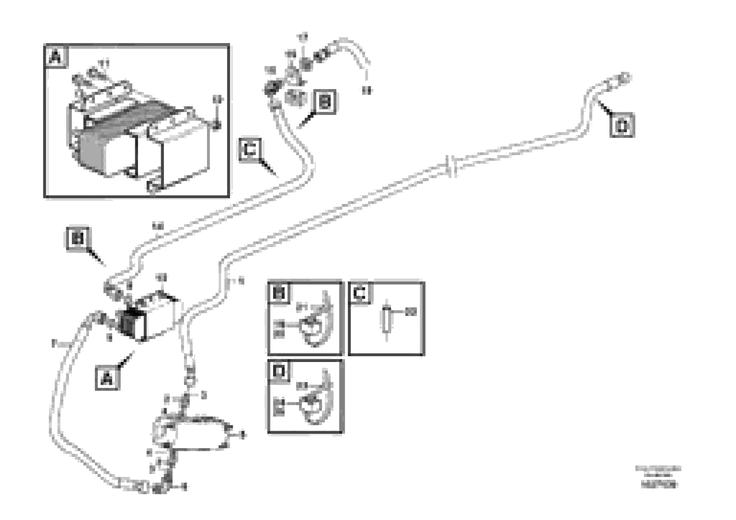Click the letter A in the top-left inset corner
[56, 57]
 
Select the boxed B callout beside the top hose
[325, 102]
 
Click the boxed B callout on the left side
[78, 238]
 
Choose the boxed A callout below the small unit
[107, 378]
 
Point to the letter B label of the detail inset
[278, 293]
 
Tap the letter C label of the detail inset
[360, 293]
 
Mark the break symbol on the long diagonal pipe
[451, 166]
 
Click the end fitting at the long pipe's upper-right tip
[624, 77]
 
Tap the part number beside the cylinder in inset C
[411, 311]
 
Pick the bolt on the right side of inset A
[217, 126]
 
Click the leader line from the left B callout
[96, 258]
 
